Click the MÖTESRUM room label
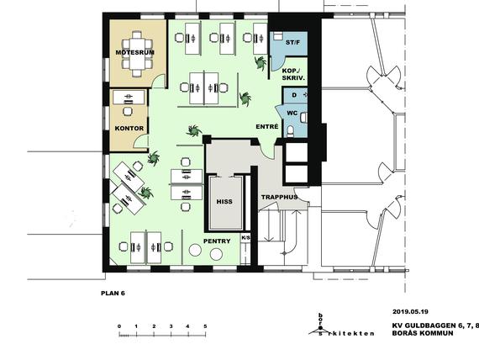[x=134, y=52]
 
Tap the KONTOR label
[x=129, y=128]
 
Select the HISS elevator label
[x=224, y=202]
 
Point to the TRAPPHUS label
[x=280, y=197]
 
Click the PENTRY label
[x=217, y=241]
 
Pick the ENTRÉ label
[x=267, y=126]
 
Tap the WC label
[x=292, y=114]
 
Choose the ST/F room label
[x=292, y=43]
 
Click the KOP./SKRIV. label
[x=293, y=74]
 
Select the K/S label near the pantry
[x=245, y=237]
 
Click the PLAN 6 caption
[x=113, y=293]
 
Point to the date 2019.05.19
[x=410, y=312]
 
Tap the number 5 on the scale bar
[x=205, y=326]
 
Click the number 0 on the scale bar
[x=119, y=326]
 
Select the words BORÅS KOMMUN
[x=423, y=333]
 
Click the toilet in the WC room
[x=290, y=130]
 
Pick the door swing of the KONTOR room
[x=141, y=141]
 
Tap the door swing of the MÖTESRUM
[x=159, y=82]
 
